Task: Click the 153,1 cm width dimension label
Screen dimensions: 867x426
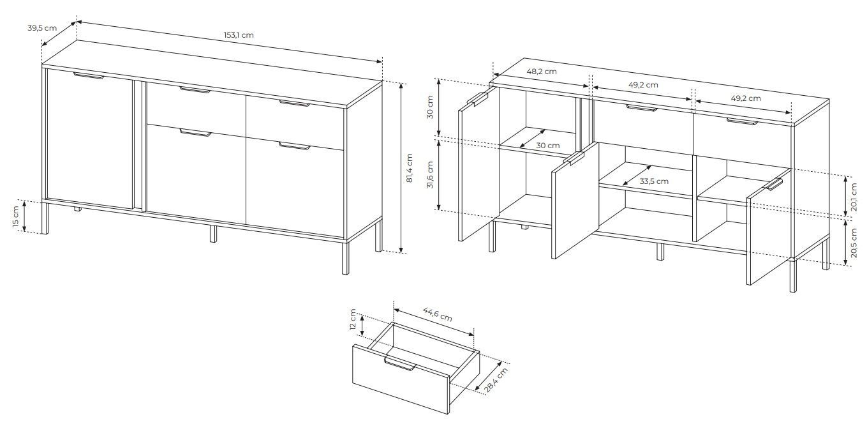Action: pyautogui.click(x=239, y=35)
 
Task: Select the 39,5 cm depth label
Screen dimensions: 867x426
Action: pyautogui.click(x=42, y=28)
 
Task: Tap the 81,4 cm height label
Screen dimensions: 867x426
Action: pyautogui.click(x=410, y=168)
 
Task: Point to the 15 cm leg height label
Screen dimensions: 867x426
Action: pyautogui.click(x=15, y=217)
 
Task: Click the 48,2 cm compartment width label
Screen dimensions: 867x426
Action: pyautogui.click(x=542, y=72)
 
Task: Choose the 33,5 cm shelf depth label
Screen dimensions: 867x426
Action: pyautogui.click(x=654, y=181)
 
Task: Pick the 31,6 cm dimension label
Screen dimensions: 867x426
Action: pyautogui.click(x=430, y=174)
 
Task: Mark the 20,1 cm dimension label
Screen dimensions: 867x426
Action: pyautogui.click(x=854, y=197)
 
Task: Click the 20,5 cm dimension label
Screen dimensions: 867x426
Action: pyautogui.click(x=854, y=243)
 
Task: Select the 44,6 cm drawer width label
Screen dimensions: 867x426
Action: pyautogui.click(x=438, y=314)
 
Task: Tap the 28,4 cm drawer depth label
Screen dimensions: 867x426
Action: pyautogui.click(x=496, y=380)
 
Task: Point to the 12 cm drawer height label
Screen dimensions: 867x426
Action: pyautogui.click(x=353, y=319)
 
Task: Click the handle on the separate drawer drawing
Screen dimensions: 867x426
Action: pyautogui.click(x=400, y=364)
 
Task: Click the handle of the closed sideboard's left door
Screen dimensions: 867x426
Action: pyautogui.click(x=89, y=75)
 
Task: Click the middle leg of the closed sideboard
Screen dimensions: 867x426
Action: pyautogui.click(x=213, y=234)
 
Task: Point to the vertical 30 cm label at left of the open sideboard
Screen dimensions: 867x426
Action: pyautogui.click(x=430, y=107)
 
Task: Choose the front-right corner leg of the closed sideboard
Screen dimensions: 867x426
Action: pyautogui.click(x=346, y=257)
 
